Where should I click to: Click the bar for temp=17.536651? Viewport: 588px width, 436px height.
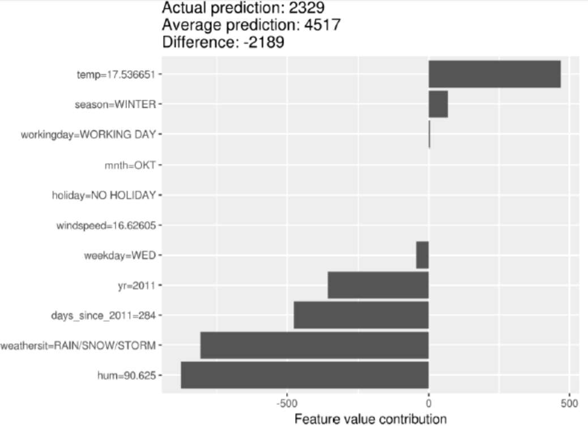494,74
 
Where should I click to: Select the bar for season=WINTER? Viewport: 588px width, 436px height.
438,104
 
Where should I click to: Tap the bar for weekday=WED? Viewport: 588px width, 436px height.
423,255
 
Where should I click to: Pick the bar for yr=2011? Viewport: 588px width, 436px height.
378,285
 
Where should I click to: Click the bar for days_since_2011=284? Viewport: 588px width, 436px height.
361,315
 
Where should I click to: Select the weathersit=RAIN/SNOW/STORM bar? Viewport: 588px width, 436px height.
314,345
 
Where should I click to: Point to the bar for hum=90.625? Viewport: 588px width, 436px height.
305,375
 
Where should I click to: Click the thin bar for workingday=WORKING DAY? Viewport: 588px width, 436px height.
429,134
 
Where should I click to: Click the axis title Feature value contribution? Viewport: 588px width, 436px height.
370,420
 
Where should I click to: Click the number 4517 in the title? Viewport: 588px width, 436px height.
321,25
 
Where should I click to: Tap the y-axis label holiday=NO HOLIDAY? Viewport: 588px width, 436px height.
104,195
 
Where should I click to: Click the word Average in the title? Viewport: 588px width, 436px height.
186,25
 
